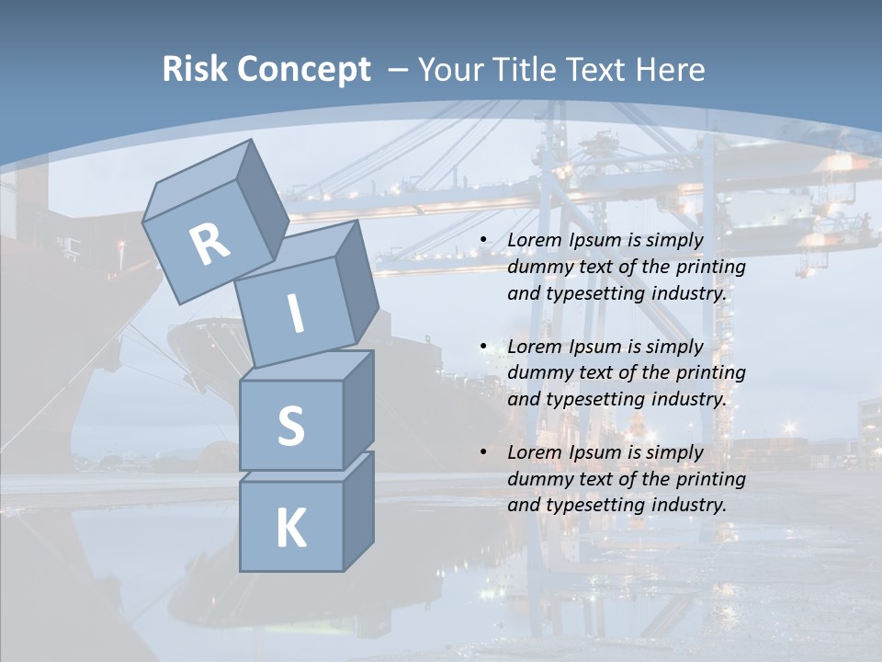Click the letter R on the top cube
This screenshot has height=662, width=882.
pos(209,245)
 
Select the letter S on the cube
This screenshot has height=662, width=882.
pos(290,426)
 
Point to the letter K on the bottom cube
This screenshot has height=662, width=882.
pos(290,528)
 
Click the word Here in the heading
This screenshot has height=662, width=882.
pos(670,70)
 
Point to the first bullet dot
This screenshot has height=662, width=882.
pos(483,241)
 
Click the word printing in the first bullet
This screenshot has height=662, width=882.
pos(710,268)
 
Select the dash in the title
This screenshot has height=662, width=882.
pos(399,70)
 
